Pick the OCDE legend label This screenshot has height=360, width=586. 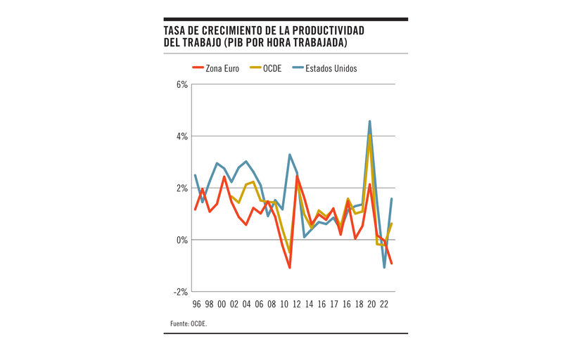pos(272,69)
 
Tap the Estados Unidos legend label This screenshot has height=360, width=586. pos(331,69)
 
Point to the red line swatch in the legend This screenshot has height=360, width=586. pos(198,69)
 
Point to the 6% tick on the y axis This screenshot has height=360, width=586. pos(181,84)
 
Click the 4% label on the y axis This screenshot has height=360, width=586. pos(181,136)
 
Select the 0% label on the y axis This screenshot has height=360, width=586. pos(181,240)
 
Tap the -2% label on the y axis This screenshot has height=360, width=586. pos(180,292)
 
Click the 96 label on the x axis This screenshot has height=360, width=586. pos(196,304)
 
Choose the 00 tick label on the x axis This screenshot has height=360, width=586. pos(222,304)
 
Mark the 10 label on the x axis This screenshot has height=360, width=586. pos(284,304)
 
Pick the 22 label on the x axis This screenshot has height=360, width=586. pos(384,304)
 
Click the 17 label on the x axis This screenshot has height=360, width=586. pos(333,304)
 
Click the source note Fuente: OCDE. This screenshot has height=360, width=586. pos(189,324)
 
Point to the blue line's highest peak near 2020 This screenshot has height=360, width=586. pos(369,121)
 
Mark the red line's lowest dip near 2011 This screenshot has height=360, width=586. pos(290,268)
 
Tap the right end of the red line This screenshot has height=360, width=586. pos(391,264)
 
